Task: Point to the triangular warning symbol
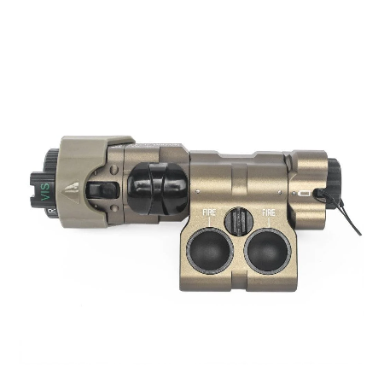coord(77,185)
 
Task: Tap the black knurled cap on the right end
coord(329,181)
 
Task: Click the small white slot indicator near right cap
coord(305,194)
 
